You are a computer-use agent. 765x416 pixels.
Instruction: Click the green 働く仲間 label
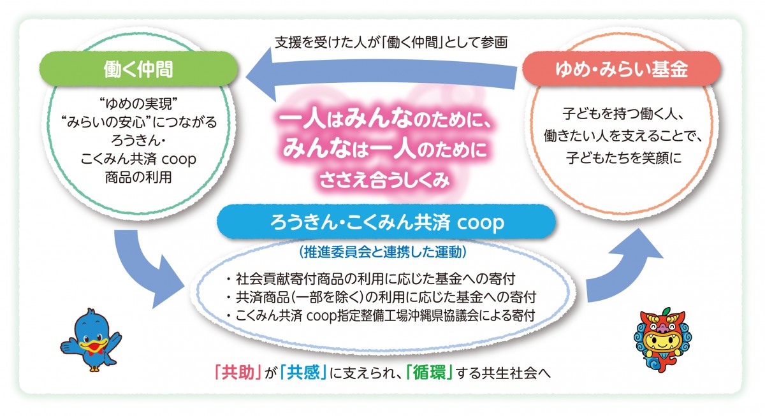[x=138, y=69]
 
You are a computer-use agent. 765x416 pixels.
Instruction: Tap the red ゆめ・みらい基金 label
[x=621, y=69]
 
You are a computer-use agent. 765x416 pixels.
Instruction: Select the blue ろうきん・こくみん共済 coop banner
[x=386, y=222]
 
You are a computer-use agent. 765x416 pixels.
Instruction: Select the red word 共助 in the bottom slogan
[x=238, y=372]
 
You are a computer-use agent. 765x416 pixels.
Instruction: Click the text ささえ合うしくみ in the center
[x=385, y=180]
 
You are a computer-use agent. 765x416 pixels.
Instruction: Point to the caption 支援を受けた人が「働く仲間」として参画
[x=391, y=42]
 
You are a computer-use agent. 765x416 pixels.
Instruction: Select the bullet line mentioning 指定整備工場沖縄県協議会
[x=380, y=315]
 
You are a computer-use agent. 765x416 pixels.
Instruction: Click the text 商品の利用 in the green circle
[x=138, y=177]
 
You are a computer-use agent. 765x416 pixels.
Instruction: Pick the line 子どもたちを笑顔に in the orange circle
[x=623, y=157]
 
